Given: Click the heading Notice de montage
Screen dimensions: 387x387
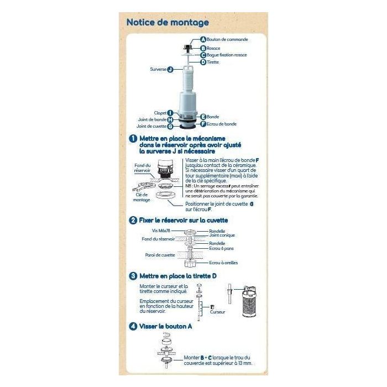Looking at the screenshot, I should coord(168,23).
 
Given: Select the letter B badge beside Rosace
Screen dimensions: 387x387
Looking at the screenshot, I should coord(203,48).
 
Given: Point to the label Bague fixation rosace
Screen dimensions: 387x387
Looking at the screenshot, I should coord(227,55).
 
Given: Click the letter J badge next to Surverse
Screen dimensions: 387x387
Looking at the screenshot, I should coord(170,69).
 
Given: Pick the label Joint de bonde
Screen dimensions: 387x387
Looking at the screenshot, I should coord(151,119).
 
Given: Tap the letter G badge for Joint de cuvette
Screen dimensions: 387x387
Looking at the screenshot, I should coord(170,126).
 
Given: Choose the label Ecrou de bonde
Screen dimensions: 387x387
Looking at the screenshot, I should coord(222,124).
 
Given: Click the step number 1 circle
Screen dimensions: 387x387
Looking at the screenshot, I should coord(133,139).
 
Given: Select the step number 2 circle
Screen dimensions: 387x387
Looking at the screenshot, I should coord(133,220).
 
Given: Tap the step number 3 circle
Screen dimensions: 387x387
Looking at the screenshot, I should coord(133,275).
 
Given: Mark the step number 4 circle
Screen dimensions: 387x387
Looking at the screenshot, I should coord(133,326).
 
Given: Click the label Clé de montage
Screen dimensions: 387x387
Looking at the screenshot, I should coord(142,197).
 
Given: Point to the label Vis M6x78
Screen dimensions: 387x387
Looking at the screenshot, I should coord(161,230).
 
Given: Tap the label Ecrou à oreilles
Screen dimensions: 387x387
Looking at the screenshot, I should coord(224,263).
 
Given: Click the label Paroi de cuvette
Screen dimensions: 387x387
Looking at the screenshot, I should coord(160,255).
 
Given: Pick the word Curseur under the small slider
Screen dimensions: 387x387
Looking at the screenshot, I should coord(218,312).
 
